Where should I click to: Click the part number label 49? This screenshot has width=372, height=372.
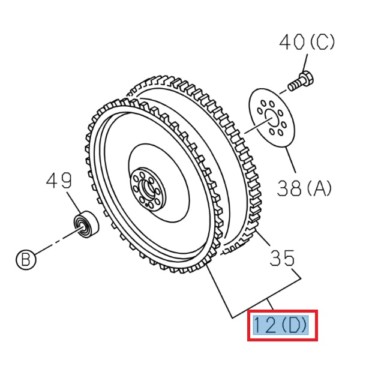coord(59,181)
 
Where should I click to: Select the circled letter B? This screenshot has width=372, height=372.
coord(25,260)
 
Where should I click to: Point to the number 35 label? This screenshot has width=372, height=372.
coord(282,258)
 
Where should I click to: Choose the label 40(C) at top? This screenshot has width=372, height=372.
coord(307,43)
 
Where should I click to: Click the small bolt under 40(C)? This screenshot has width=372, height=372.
coord(298,82)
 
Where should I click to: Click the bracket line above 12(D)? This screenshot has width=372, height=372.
coord(264,300)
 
